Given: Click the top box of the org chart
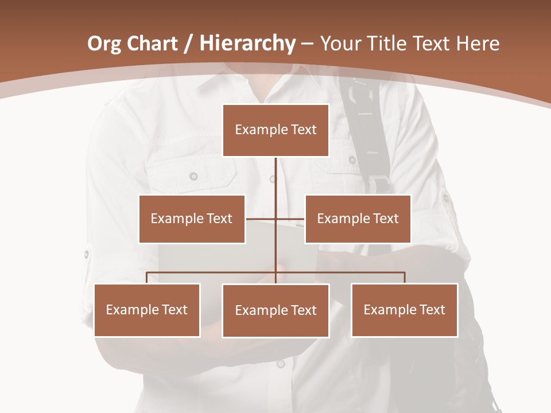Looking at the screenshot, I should tap(275, 130).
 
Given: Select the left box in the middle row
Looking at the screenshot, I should tap(192, 219).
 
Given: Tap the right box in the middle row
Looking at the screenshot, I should tap(358, 219).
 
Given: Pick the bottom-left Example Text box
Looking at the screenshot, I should tap(147, 310).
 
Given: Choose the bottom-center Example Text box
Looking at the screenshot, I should tap(275, 310).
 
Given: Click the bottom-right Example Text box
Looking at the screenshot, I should tap(404, 310).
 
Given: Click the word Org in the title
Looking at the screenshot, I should tap(104, 44).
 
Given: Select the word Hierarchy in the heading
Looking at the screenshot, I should tap(247, 44).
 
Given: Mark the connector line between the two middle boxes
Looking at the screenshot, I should tap(275, 219).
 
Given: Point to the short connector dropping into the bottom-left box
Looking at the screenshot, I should tap(147, 278).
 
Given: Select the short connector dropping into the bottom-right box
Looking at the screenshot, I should tap(405, 278).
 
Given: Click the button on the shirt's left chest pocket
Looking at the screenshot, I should tap(193, 176).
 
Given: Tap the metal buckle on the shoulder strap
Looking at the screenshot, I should tap(379, 184).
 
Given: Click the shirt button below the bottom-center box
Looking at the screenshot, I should tap(281, 364).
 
